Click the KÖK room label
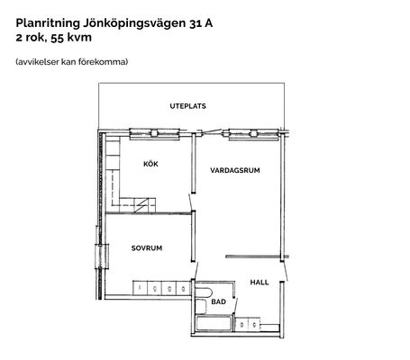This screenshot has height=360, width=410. [150, 164]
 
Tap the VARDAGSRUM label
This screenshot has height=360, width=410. [235, 170]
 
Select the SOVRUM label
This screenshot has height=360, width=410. [147, 248]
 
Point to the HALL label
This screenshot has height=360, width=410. [260, 283]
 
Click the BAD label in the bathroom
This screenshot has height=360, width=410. [218, 301]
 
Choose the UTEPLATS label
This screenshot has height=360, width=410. [187, 106]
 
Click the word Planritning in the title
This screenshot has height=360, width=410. [48, 23]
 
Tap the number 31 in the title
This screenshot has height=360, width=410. [196, 23]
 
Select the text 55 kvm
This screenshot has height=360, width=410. [71, 38]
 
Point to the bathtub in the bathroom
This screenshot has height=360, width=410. [214, 323]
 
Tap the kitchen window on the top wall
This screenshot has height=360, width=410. [154, 133]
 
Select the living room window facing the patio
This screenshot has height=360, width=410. [254, 134]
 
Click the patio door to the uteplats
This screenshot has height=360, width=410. [210, 131]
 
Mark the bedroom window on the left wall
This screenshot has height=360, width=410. [102, 256]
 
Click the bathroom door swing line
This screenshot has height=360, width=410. [235, 306]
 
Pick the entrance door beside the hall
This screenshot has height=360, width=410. [285, 272]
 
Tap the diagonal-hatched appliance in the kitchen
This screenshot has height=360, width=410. [141, 205]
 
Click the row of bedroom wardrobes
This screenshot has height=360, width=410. [161, 288]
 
